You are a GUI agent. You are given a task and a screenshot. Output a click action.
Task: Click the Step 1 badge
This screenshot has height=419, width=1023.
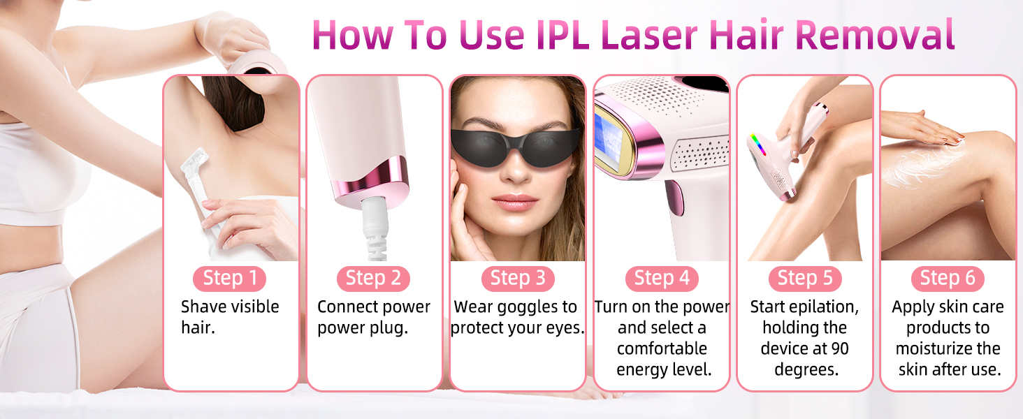tap(231, 279)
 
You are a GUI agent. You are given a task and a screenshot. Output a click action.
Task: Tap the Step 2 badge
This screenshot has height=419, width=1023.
tap(373, 279)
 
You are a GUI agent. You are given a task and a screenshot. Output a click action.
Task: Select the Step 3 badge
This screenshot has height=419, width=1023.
tap(517, 279)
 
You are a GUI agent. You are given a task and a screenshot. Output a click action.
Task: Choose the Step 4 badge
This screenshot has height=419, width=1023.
tap(661, 279)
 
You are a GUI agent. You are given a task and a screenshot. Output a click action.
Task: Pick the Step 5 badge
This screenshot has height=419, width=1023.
tap(805, 279)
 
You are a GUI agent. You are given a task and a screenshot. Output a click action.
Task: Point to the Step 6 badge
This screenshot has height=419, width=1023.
tap(948, 279)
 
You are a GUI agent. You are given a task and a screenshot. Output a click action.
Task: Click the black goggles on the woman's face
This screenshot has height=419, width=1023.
tap(517, 144)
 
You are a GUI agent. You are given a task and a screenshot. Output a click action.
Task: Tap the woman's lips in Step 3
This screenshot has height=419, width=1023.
tap(516, 203)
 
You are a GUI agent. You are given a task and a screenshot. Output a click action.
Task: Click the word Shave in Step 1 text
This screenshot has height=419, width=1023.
tap(203, 307)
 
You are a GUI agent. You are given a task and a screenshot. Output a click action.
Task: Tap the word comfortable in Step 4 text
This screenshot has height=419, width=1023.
tap(662, 348)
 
